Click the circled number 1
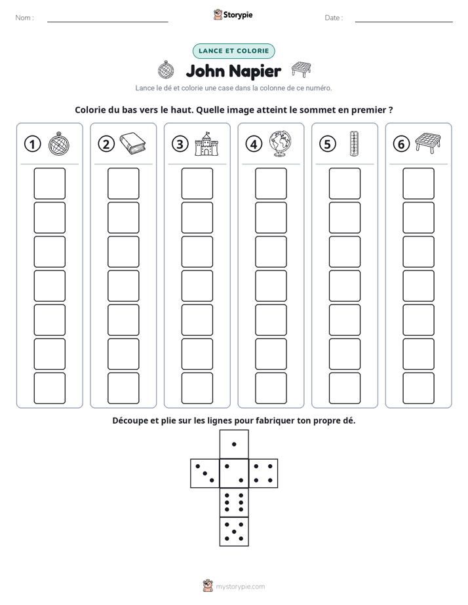pos(32,144)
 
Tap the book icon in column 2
pos(132,143)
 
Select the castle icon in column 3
pos(206,143)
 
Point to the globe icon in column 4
pos(281,143)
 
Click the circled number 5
pos(328,144)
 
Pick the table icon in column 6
pos(428,142)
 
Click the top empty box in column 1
pos(49,183)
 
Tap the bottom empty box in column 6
pos(418,388)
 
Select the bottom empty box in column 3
pos(197,388)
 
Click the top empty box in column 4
pos(271,183)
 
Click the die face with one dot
pos(234,444)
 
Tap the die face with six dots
pos(234,502)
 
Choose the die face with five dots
pos(234,532)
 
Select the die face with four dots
pos(263,473)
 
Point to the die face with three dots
pos(205,473)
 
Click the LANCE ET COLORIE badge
pos(233,51)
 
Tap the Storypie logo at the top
pos(233,14)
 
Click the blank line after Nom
pos(107,22)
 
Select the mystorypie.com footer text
pos(240,587)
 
